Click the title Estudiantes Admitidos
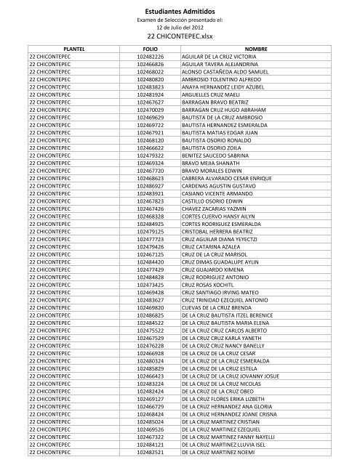180,10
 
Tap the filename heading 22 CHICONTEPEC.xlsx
180,35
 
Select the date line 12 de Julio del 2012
180,26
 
